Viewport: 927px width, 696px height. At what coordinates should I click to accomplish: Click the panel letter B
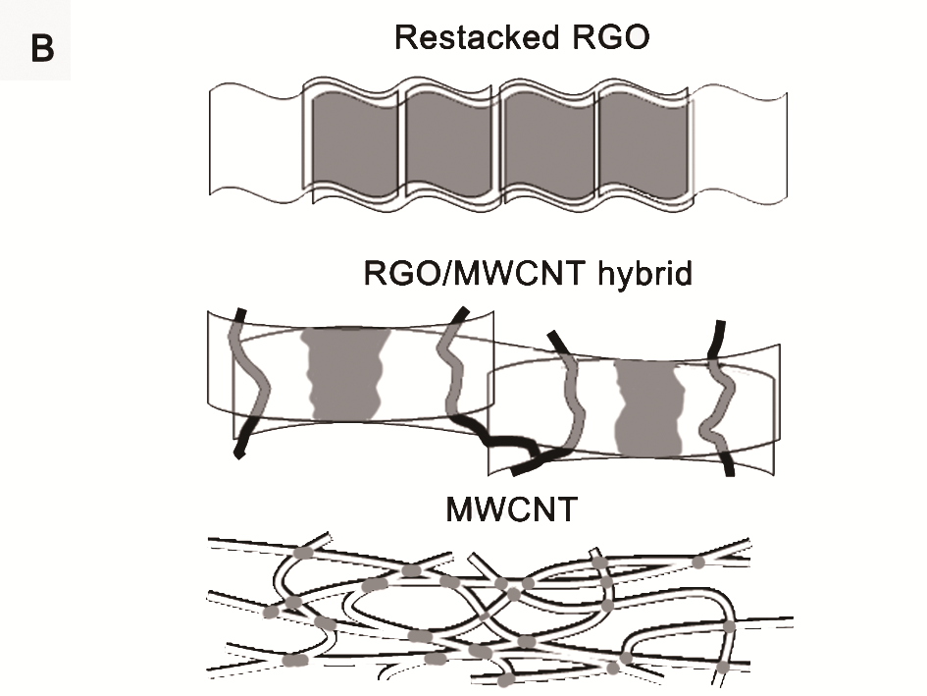pos(42,49)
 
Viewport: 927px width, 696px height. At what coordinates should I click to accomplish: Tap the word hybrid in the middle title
pos(640,273)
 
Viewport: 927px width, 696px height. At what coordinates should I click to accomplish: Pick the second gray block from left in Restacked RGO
pos(449,143)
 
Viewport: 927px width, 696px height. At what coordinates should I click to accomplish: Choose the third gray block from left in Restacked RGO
pos(545,143)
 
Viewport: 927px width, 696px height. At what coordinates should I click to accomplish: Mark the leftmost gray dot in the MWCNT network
pos(271,614)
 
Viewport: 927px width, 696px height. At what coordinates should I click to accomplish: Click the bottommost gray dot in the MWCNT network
pos(506,679)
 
